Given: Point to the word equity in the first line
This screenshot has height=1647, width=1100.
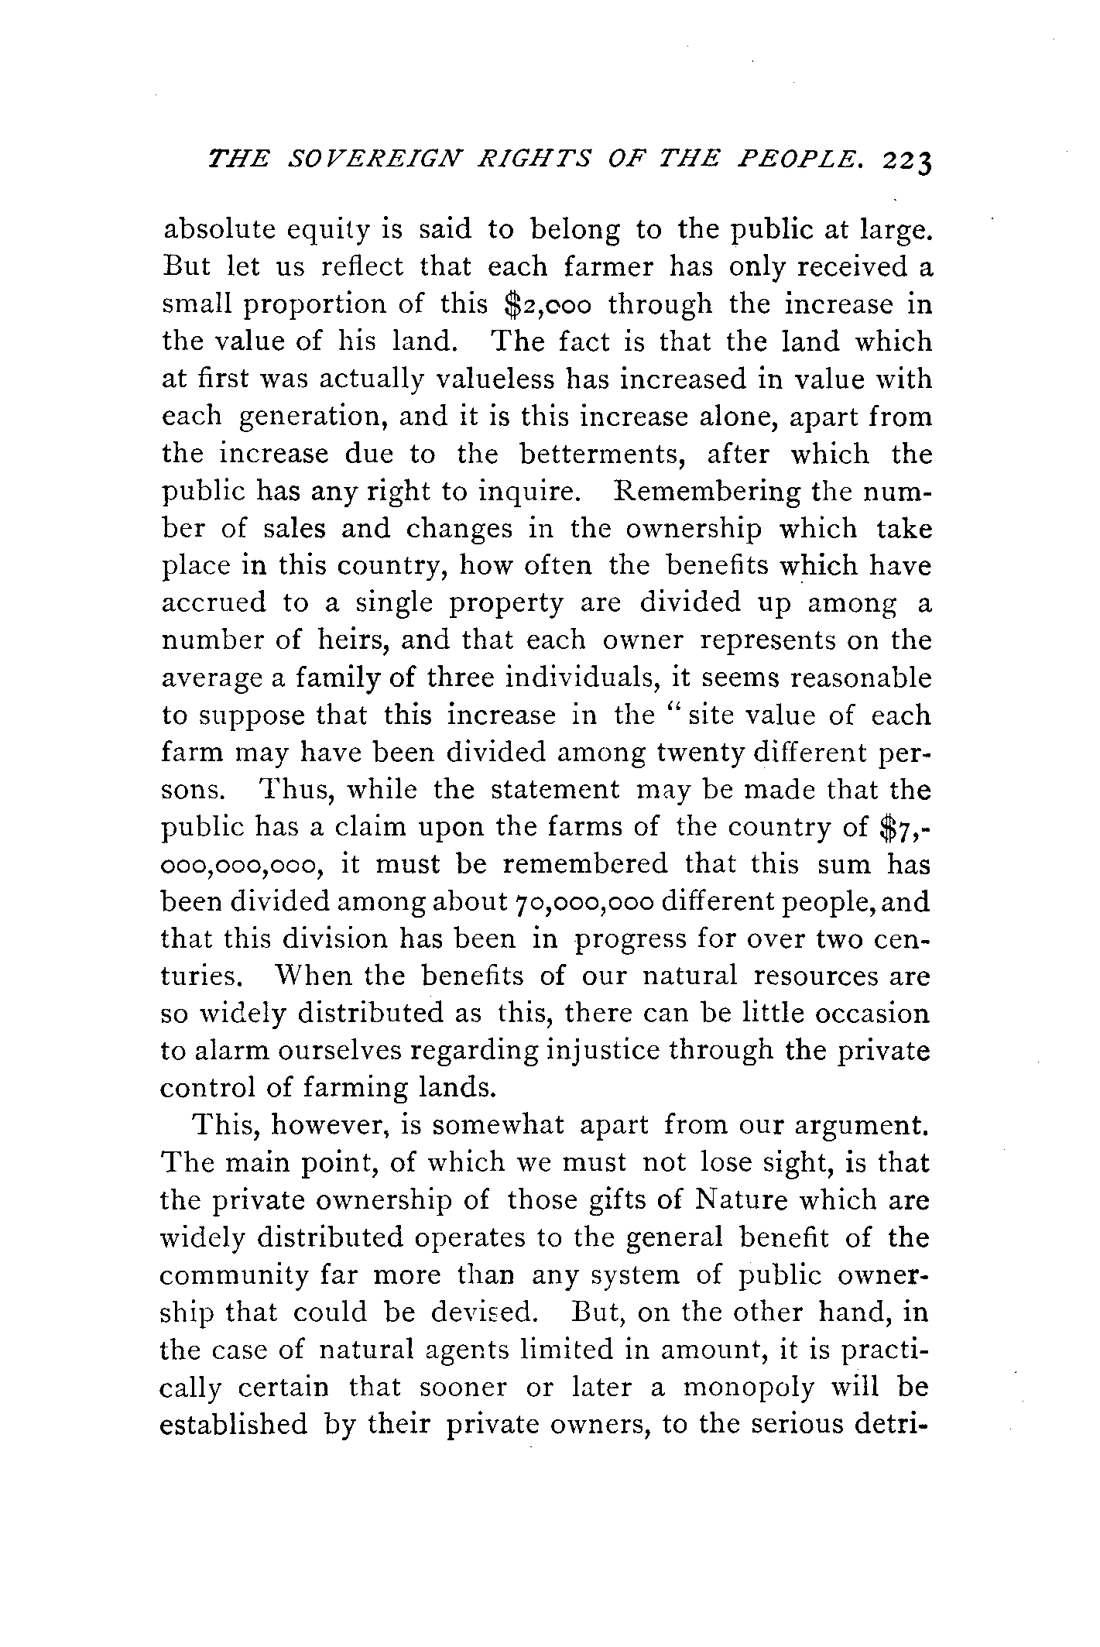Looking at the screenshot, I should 327,230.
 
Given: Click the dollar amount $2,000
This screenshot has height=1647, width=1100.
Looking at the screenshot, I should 546,304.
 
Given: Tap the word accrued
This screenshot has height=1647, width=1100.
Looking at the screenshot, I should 213,603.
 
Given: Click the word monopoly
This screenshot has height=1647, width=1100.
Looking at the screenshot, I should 748,1387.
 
